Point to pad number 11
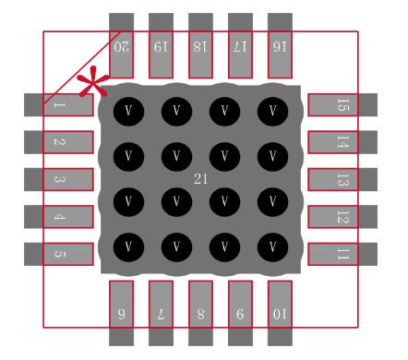342,254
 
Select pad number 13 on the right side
342,179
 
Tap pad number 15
342,105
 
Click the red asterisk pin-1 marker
90,84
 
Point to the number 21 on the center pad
201,178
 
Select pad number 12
342,217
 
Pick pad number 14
342,142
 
